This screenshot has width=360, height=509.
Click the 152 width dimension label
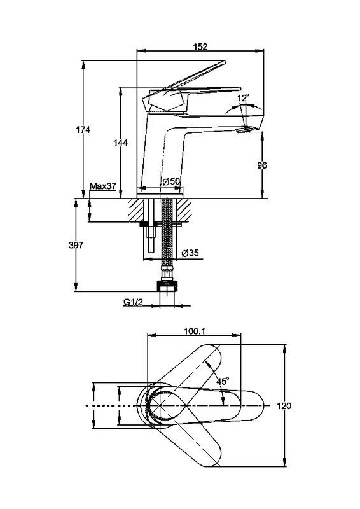[200, 46]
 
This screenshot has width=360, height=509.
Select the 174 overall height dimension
[83, 130]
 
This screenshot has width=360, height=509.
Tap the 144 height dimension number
[120, 143]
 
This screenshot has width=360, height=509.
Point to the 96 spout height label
[262, 165]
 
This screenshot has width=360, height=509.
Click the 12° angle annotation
[243, 98]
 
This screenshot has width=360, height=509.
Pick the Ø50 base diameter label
[171, 182]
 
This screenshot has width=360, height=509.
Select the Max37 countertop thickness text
[103, 186]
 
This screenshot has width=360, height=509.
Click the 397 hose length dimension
[76, 245]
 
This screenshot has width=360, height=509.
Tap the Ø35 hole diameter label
[190, 253]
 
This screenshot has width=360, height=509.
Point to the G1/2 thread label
[133, 302]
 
